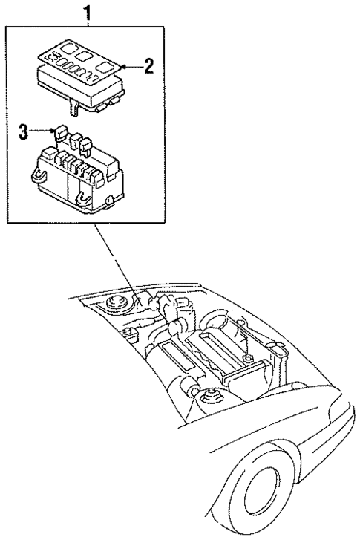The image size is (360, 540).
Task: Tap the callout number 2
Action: pos(148,67)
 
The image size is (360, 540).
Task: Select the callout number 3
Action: pos(24,132)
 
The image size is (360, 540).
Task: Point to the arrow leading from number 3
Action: pos(40,132)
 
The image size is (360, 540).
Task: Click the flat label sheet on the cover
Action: pos(74,54)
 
